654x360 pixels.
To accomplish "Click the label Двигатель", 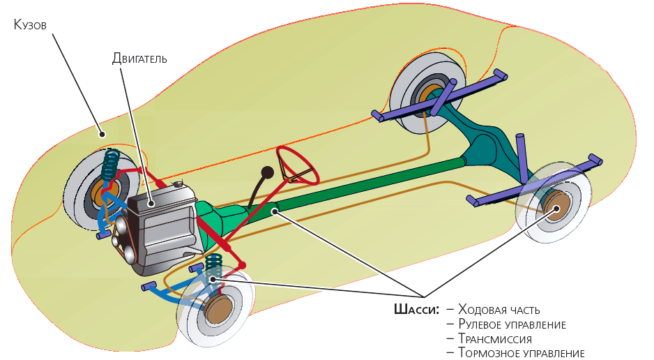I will tap(139, 59).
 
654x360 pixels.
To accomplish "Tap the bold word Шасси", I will tap(416, 309).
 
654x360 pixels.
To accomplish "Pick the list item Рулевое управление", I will tap(512, 324).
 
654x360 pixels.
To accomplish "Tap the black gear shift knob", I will tap(266, 172).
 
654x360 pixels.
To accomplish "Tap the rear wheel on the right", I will tap(554, 206).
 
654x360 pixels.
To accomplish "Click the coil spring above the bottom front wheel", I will tap(214, 267).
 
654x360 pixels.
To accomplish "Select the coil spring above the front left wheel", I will tap(110, 166).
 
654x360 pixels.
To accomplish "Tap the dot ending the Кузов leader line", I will tap(102, 133).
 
